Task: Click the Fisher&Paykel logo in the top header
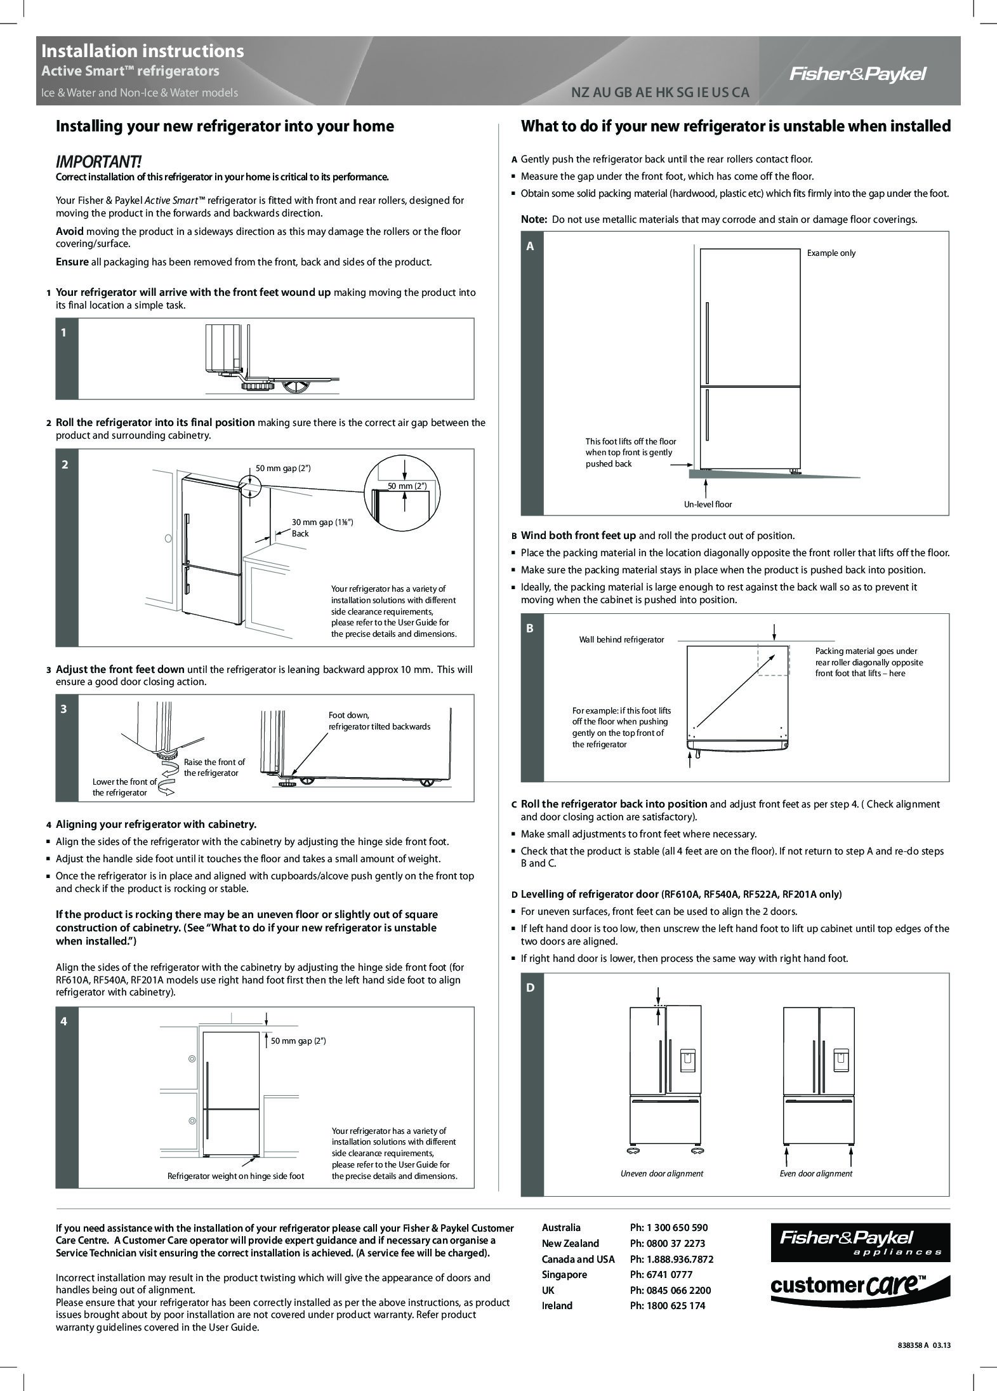click(x=857, y=75)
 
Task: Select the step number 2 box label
click(x=65, y=464)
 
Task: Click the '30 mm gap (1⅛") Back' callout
click(x=322, y=528)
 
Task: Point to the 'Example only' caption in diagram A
click(x=831, y=253)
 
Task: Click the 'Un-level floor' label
click(x=708, y=504)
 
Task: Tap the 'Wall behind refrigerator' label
click(x=621, y=639)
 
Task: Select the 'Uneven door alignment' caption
click(x=661, y=1173)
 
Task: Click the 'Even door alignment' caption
click(x=815, y=1173)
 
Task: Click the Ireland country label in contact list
click(x=557, y=1305)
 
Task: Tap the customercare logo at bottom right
click(x=860, y=1287)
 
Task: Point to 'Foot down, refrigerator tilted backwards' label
click(x=379, y=721)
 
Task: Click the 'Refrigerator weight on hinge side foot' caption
click(x=235, y=1176)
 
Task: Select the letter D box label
click(x=531, y=987)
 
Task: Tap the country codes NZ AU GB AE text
click(x=660, y=93)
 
